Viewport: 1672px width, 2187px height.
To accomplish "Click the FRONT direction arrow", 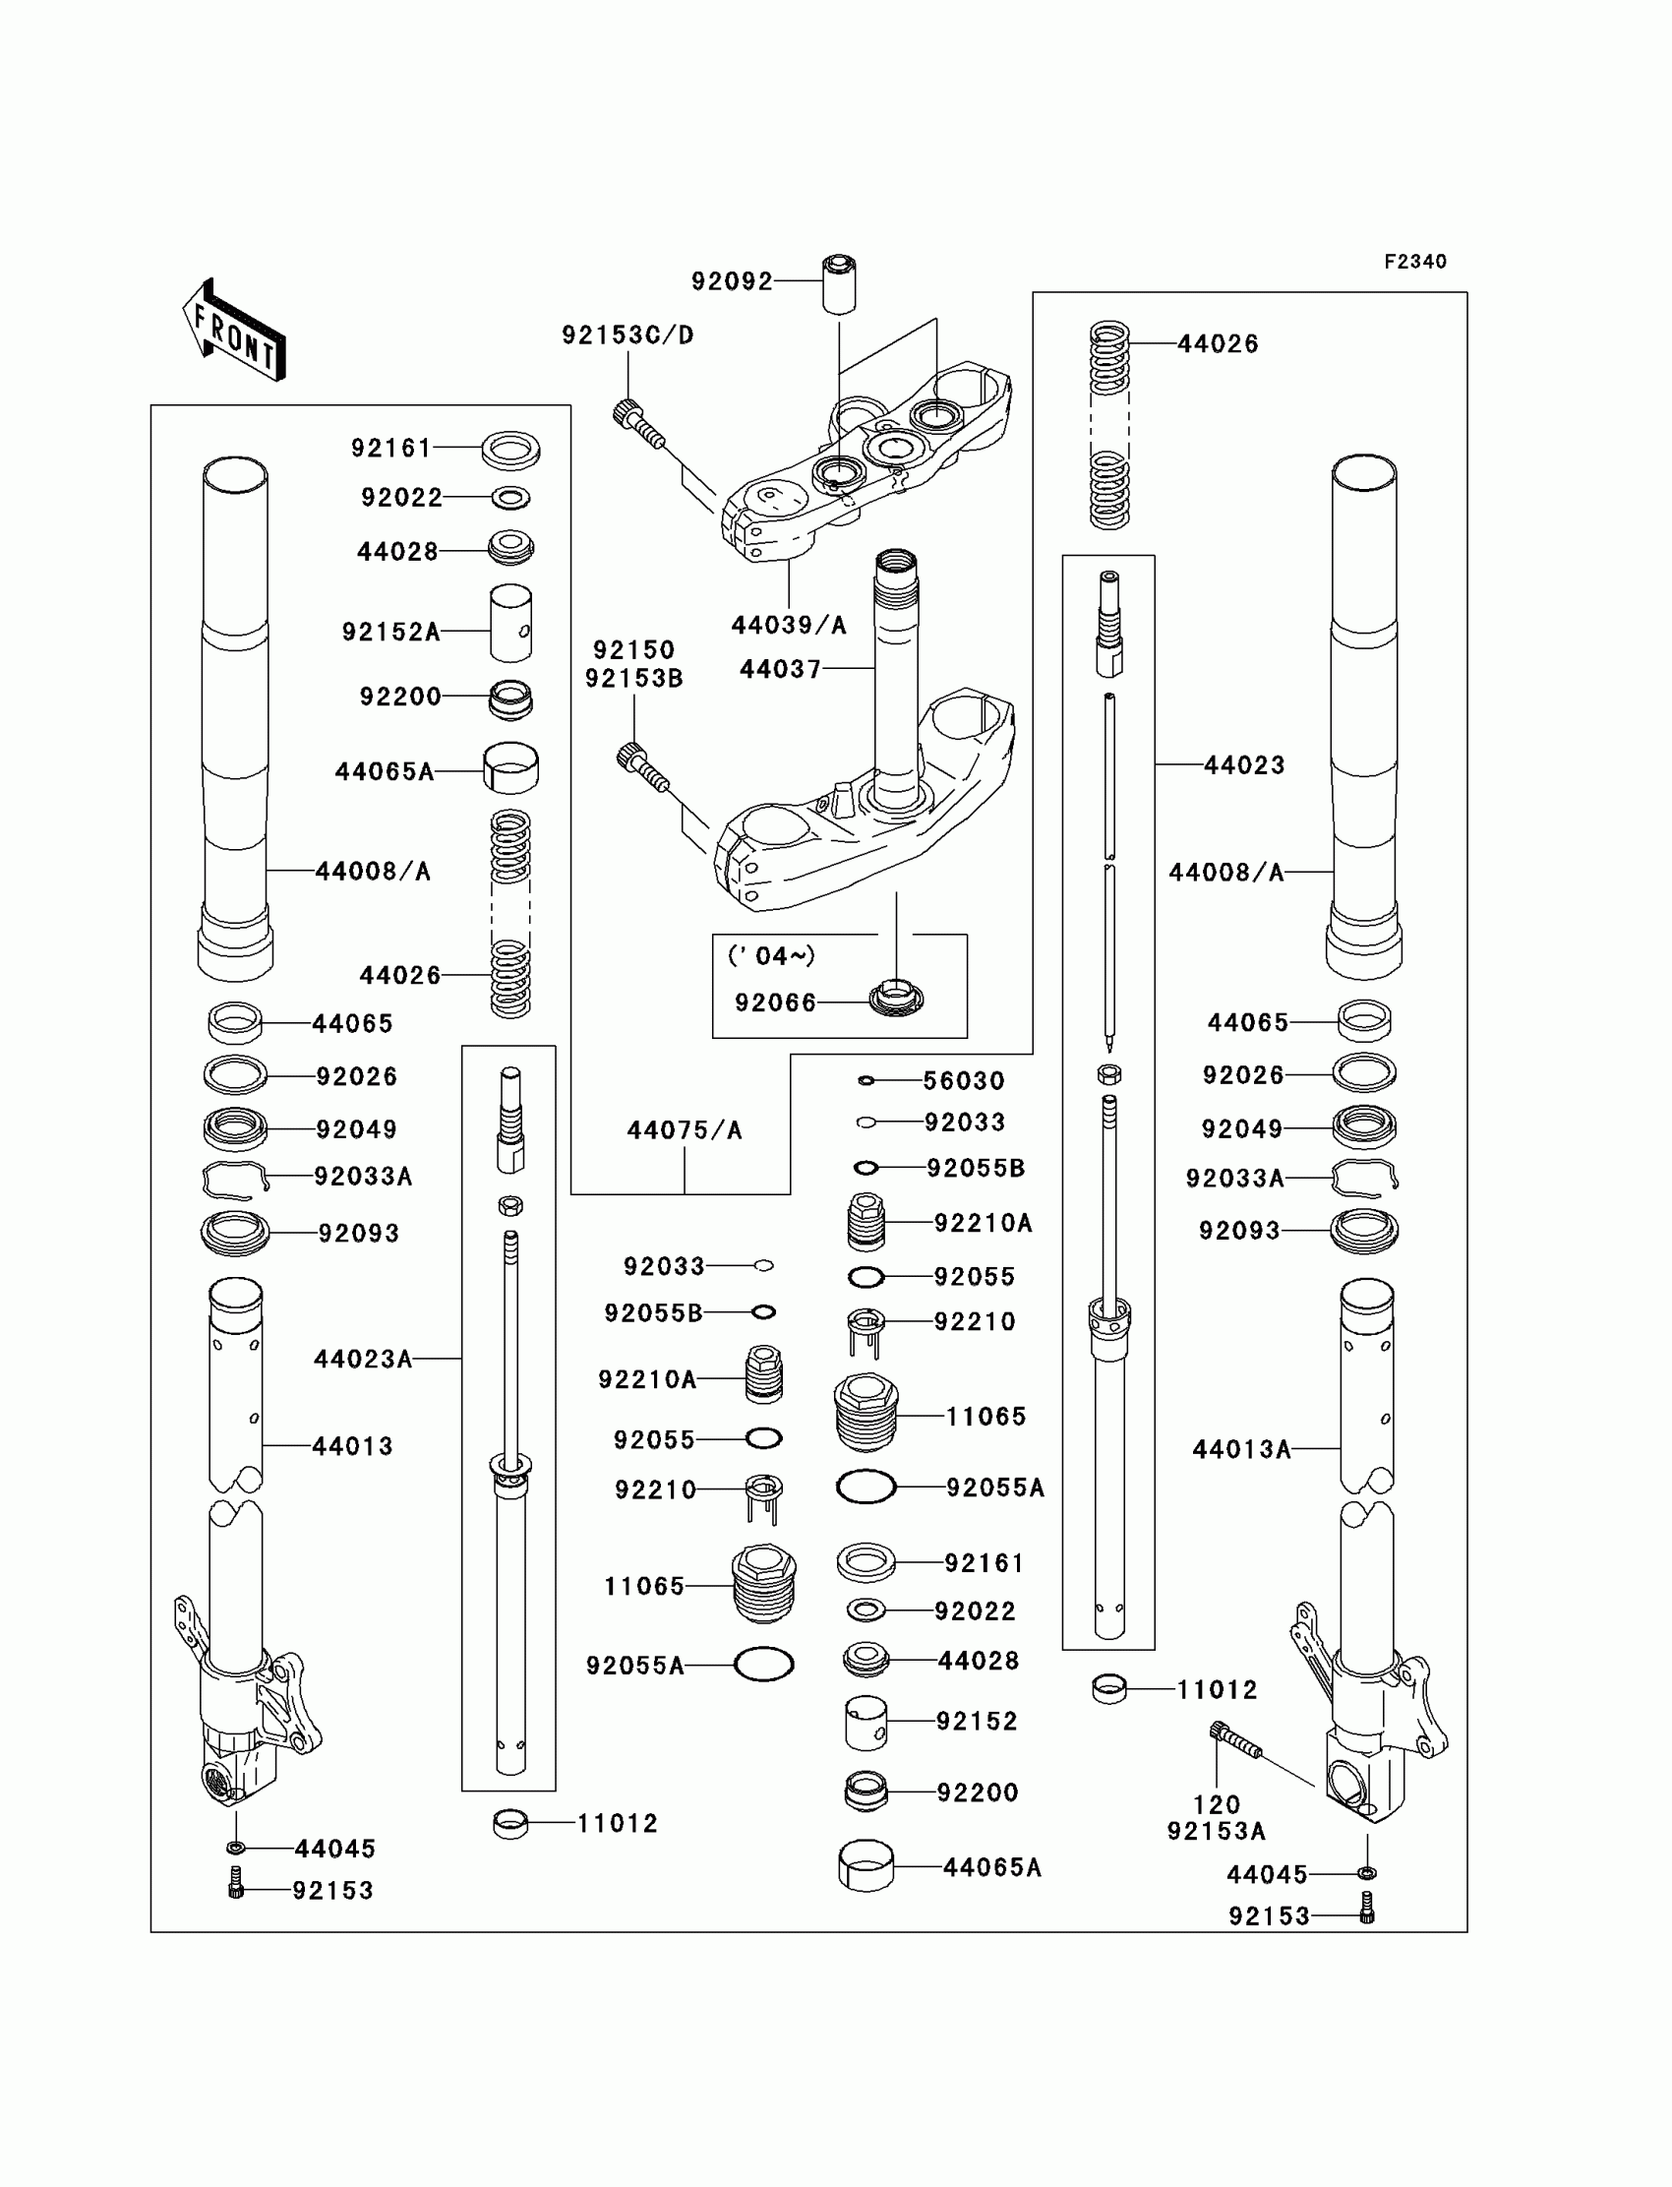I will (235, 332).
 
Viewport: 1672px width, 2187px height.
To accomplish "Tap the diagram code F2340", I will (1414, 262).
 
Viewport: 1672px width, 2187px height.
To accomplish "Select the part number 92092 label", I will (732, 281).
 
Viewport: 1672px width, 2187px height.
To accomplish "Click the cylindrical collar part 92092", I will (838, 284).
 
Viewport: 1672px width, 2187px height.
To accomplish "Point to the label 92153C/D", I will (628, 335).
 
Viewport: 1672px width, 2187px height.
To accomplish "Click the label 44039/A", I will (788, 625).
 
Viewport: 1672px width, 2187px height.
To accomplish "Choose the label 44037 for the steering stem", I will (780, 669).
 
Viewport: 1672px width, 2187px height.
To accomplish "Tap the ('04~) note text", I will (771, 955).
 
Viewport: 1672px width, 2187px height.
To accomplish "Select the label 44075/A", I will (684, 1130).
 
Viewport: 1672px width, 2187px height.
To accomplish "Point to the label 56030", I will (964, 1081).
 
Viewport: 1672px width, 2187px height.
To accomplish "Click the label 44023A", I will (362, 1359).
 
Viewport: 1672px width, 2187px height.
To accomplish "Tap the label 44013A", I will (1241, 1449).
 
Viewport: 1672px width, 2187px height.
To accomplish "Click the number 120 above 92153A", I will (1217, 1804).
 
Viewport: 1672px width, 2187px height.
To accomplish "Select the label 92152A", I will (390, 633).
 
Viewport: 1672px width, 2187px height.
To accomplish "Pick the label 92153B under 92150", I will (634, 679).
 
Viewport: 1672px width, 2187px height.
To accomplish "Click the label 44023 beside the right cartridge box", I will (1244, 764).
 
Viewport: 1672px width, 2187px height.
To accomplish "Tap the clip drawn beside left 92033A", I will (235, 1180).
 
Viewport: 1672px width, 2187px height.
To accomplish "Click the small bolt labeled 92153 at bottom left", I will (236, 1888).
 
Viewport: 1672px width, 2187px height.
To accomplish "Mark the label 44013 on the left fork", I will (352, 1446).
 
